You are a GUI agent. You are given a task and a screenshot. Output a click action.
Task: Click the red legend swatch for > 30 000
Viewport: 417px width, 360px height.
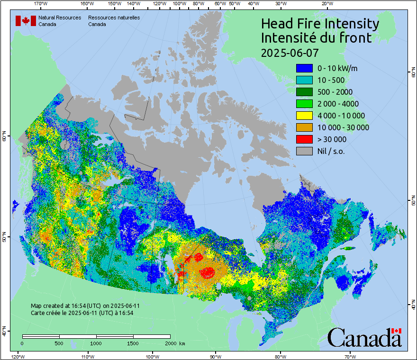pos(304,139)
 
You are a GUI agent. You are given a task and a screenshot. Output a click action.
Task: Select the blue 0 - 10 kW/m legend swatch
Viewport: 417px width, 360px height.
pos(304,68)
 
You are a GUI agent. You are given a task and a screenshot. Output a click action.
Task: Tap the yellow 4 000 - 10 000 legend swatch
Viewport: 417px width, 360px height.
pos(304,116)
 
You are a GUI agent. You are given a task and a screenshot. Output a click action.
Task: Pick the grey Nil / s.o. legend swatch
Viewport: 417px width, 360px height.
pos(304,151)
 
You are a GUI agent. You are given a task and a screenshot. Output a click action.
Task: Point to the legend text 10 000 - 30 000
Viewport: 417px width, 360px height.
pos(343,127)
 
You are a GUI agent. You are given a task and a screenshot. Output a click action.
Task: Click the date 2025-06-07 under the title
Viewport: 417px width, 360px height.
pos(290,52)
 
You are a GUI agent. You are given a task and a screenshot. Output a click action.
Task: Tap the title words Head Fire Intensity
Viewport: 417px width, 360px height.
pos(320,24)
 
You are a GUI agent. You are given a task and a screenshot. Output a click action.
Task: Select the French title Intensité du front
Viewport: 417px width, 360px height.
pos(316,38)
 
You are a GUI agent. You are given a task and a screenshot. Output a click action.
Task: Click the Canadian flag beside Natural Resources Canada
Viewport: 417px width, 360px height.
pos(26,21)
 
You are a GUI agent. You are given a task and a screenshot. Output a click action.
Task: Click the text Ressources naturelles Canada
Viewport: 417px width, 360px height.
pos(114,21)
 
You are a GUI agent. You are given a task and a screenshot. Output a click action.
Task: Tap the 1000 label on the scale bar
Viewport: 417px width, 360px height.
pos(96,343)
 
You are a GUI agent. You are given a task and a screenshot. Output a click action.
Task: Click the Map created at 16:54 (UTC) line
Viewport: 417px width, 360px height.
pos(85,306)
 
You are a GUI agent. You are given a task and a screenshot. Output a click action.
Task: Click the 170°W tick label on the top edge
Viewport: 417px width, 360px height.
pos(41,4)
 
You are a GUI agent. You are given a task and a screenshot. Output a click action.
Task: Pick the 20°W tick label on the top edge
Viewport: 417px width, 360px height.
pos(326,4)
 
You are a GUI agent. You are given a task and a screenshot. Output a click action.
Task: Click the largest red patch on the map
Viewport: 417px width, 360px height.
pos(208,273)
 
